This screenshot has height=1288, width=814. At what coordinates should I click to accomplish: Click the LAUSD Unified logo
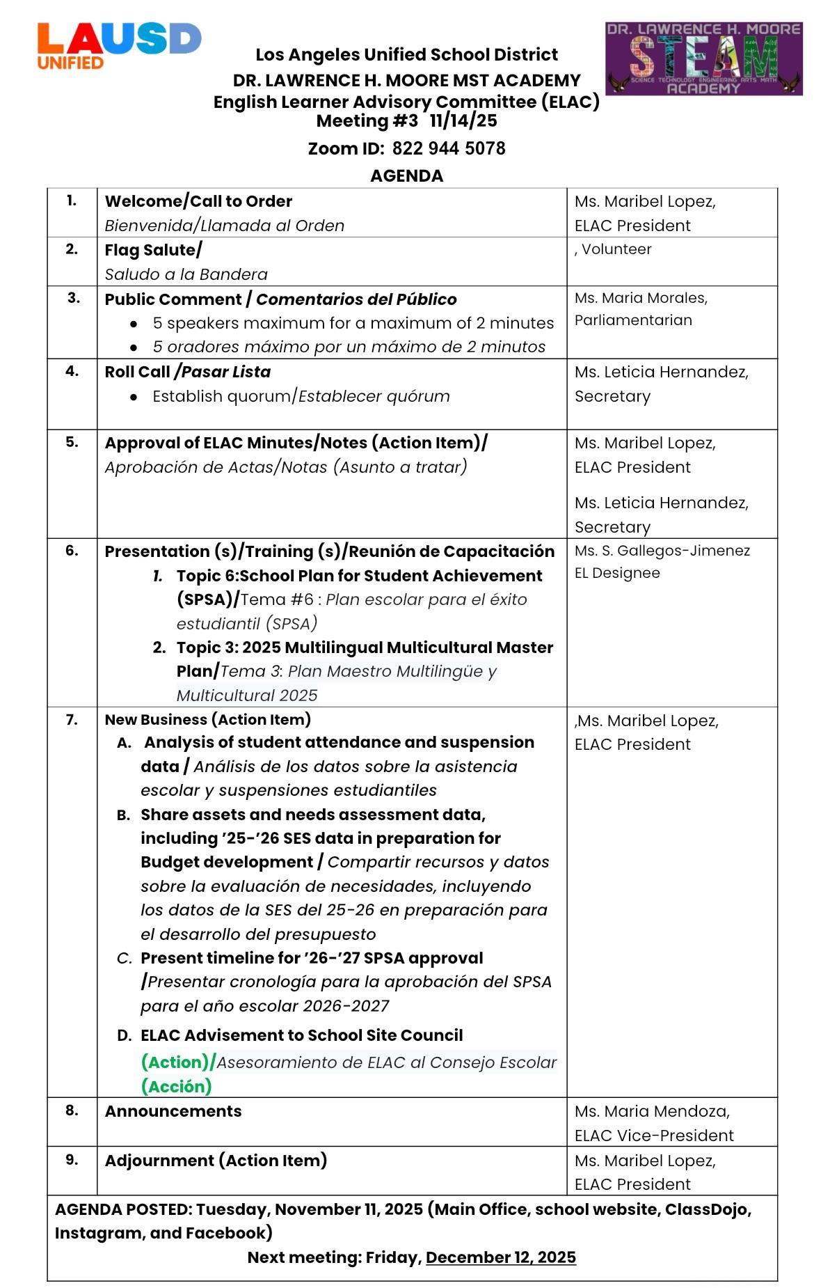coord(118,45)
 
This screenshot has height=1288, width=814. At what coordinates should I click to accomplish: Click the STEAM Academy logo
coord(703,58)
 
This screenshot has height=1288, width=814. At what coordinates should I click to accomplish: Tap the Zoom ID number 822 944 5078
coord(449,148)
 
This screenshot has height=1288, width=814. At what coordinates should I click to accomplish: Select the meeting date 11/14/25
coord(463,120)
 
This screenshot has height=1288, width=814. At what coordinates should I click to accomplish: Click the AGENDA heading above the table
coord(406,175)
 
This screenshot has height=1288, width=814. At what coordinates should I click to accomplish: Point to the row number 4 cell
coord(72,371)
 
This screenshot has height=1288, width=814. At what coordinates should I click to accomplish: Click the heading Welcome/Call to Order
coord(198,201)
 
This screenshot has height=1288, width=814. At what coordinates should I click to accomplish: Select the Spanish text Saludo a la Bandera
coord(186,274)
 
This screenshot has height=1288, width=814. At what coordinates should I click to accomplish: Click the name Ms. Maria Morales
coord(641,298)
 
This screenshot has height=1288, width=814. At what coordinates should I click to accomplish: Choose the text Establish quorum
coord(221,396)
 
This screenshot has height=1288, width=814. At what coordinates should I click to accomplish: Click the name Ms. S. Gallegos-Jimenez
coord(662,551)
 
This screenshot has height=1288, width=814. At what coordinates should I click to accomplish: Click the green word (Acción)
coord(176,1086)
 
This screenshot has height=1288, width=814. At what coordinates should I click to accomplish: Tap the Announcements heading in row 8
coord(173,1111)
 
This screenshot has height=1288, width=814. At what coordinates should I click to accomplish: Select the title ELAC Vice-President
coord(653,1136)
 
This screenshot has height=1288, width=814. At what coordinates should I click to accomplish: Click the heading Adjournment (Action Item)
coord(216,1161)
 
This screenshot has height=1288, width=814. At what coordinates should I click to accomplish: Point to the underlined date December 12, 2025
coord(500,1257)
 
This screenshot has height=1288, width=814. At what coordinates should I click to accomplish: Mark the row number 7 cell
coord(72,720)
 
